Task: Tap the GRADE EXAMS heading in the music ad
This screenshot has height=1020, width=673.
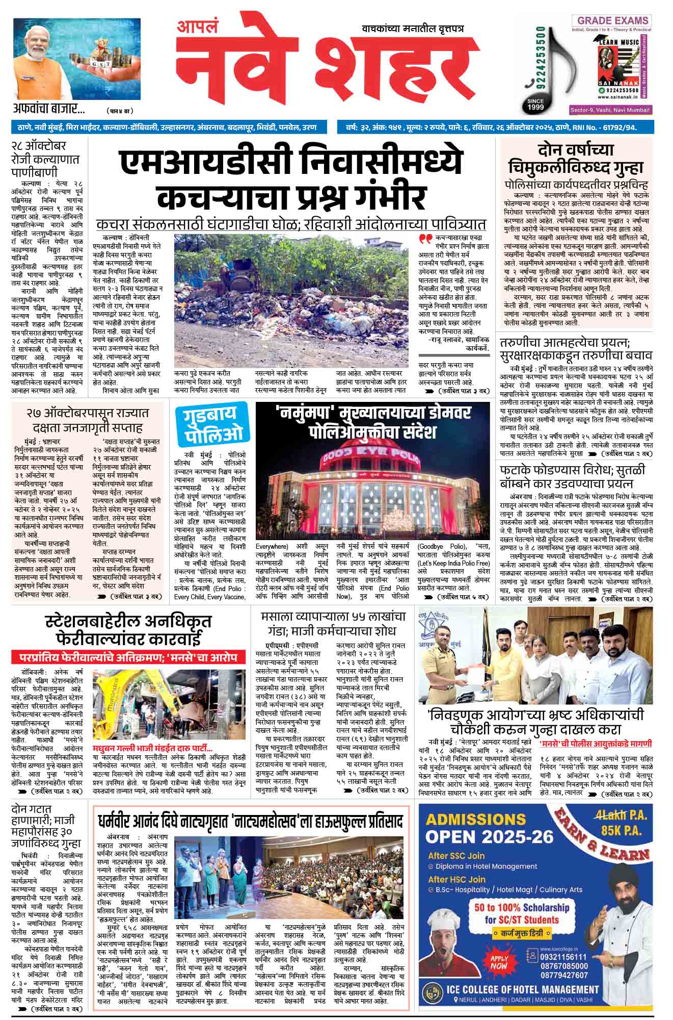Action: pyautogui.click(x=611, y=21)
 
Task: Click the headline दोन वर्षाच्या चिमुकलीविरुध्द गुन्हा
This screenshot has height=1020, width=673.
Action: pyautogui.click(x=576, y=159)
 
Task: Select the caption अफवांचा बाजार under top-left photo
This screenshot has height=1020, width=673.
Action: pyautogui.click(x=49, y=109)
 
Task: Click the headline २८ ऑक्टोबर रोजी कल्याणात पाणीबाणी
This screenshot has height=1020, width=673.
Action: pyautogui.click(x=42, y=158)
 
